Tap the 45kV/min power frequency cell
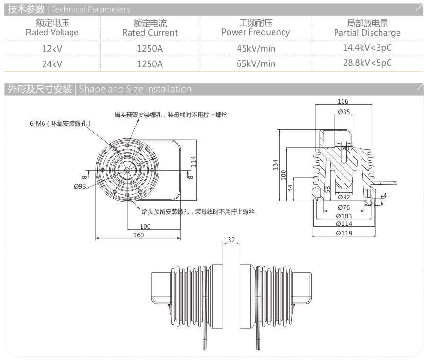(x=256, y=48)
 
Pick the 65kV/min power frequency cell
(x=256, y=63)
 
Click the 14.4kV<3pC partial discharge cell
(x=367, y=47)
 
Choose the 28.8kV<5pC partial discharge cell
(x=367, y=63)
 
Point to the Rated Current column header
(x=150, y=28)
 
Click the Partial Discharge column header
(x=367, y=28)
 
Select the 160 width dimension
(x=138, y=235)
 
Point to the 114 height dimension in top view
(x=193, y=162)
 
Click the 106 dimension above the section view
(x=344, y=101)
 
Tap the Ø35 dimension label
(x=344, y=112)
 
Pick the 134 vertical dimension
(x=275, y=164)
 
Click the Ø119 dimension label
(x=344, y=233)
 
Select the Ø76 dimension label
(x=344, y=207)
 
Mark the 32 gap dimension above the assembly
(x=231, y=240)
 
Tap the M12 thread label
(x=348, y=148)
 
